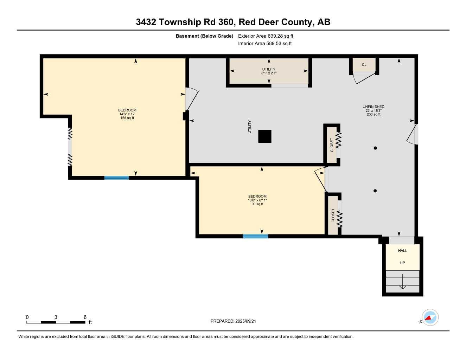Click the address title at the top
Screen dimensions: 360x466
click(233, 22)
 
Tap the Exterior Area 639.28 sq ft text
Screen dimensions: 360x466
click(266, 36)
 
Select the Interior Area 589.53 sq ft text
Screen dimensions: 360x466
click(265, 44)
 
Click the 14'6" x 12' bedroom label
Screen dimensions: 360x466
click(127, 114)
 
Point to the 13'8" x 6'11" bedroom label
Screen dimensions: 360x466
click(257, 200)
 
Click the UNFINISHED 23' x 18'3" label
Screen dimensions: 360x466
click(374, 110)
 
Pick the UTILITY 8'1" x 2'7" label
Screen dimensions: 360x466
click(269, 71)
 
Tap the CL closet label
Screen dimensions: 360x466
click(364, 65)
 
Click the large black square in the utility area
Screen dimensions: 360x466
click(265, 136)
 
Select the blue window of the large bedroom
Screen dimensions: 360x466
click(117, 178)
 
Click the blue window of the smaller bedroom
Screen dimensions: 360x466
click(255, 236)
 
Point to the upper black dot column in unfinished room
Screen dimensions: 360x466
click(375, 148)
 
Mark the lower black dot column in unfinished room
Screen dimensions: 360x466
click(375, 191)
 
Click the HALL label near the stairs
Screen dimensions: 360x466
click(402, 251)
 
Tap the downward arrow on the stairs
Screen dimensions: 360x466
click(403, 286)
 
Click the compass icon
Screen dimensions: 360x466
click(430, 318)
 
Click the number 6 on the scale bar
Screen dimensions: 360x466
click(85, 317)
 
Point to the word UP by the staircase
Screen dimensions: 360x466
click(402, 263)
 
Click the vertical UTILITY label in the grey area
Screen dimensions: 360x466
click(250, 127)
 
